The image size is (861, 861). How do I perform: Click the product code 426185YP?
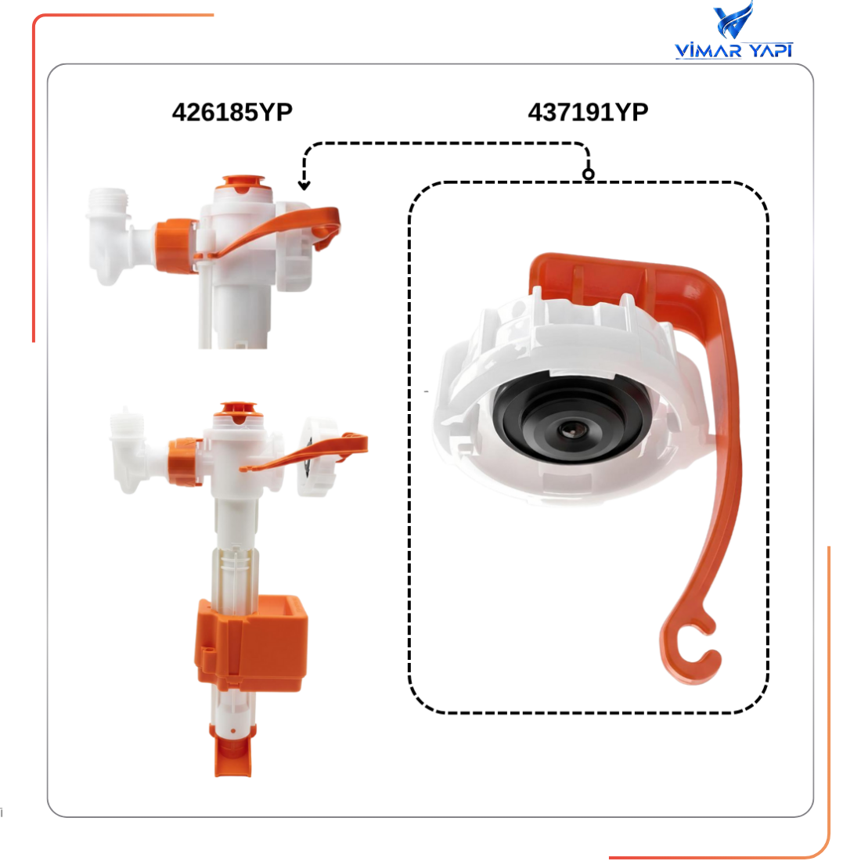[x=232, y=113]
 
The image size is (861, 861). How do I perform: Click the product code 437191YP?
[x=588, y=113]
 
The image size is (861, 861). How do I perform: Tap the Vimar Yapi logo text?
[x=733, y=51]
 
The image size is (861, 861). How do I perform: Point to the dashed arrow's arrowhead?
[x=304, y=186]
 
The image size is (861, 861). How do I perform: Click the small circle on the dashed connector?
[x=588, y=175]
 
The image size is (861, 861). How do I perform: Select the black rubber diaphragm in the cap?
[x=571, y=417]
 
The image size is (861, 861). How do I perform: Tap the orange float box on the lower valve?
[x=251, y=643]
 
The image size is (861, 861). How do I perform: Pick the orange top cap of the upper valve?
[x=243, y=183]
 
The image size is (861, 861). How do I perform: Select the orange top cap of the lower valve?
[x=238, y=411]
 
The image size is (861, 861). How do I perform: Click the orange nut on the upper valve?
[x=175, y=246]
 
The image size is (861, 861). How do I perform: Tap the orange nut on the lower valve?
[x=186, y=461]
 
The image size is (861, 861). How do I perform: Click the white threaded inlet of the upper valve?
[x=109, y=201]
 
